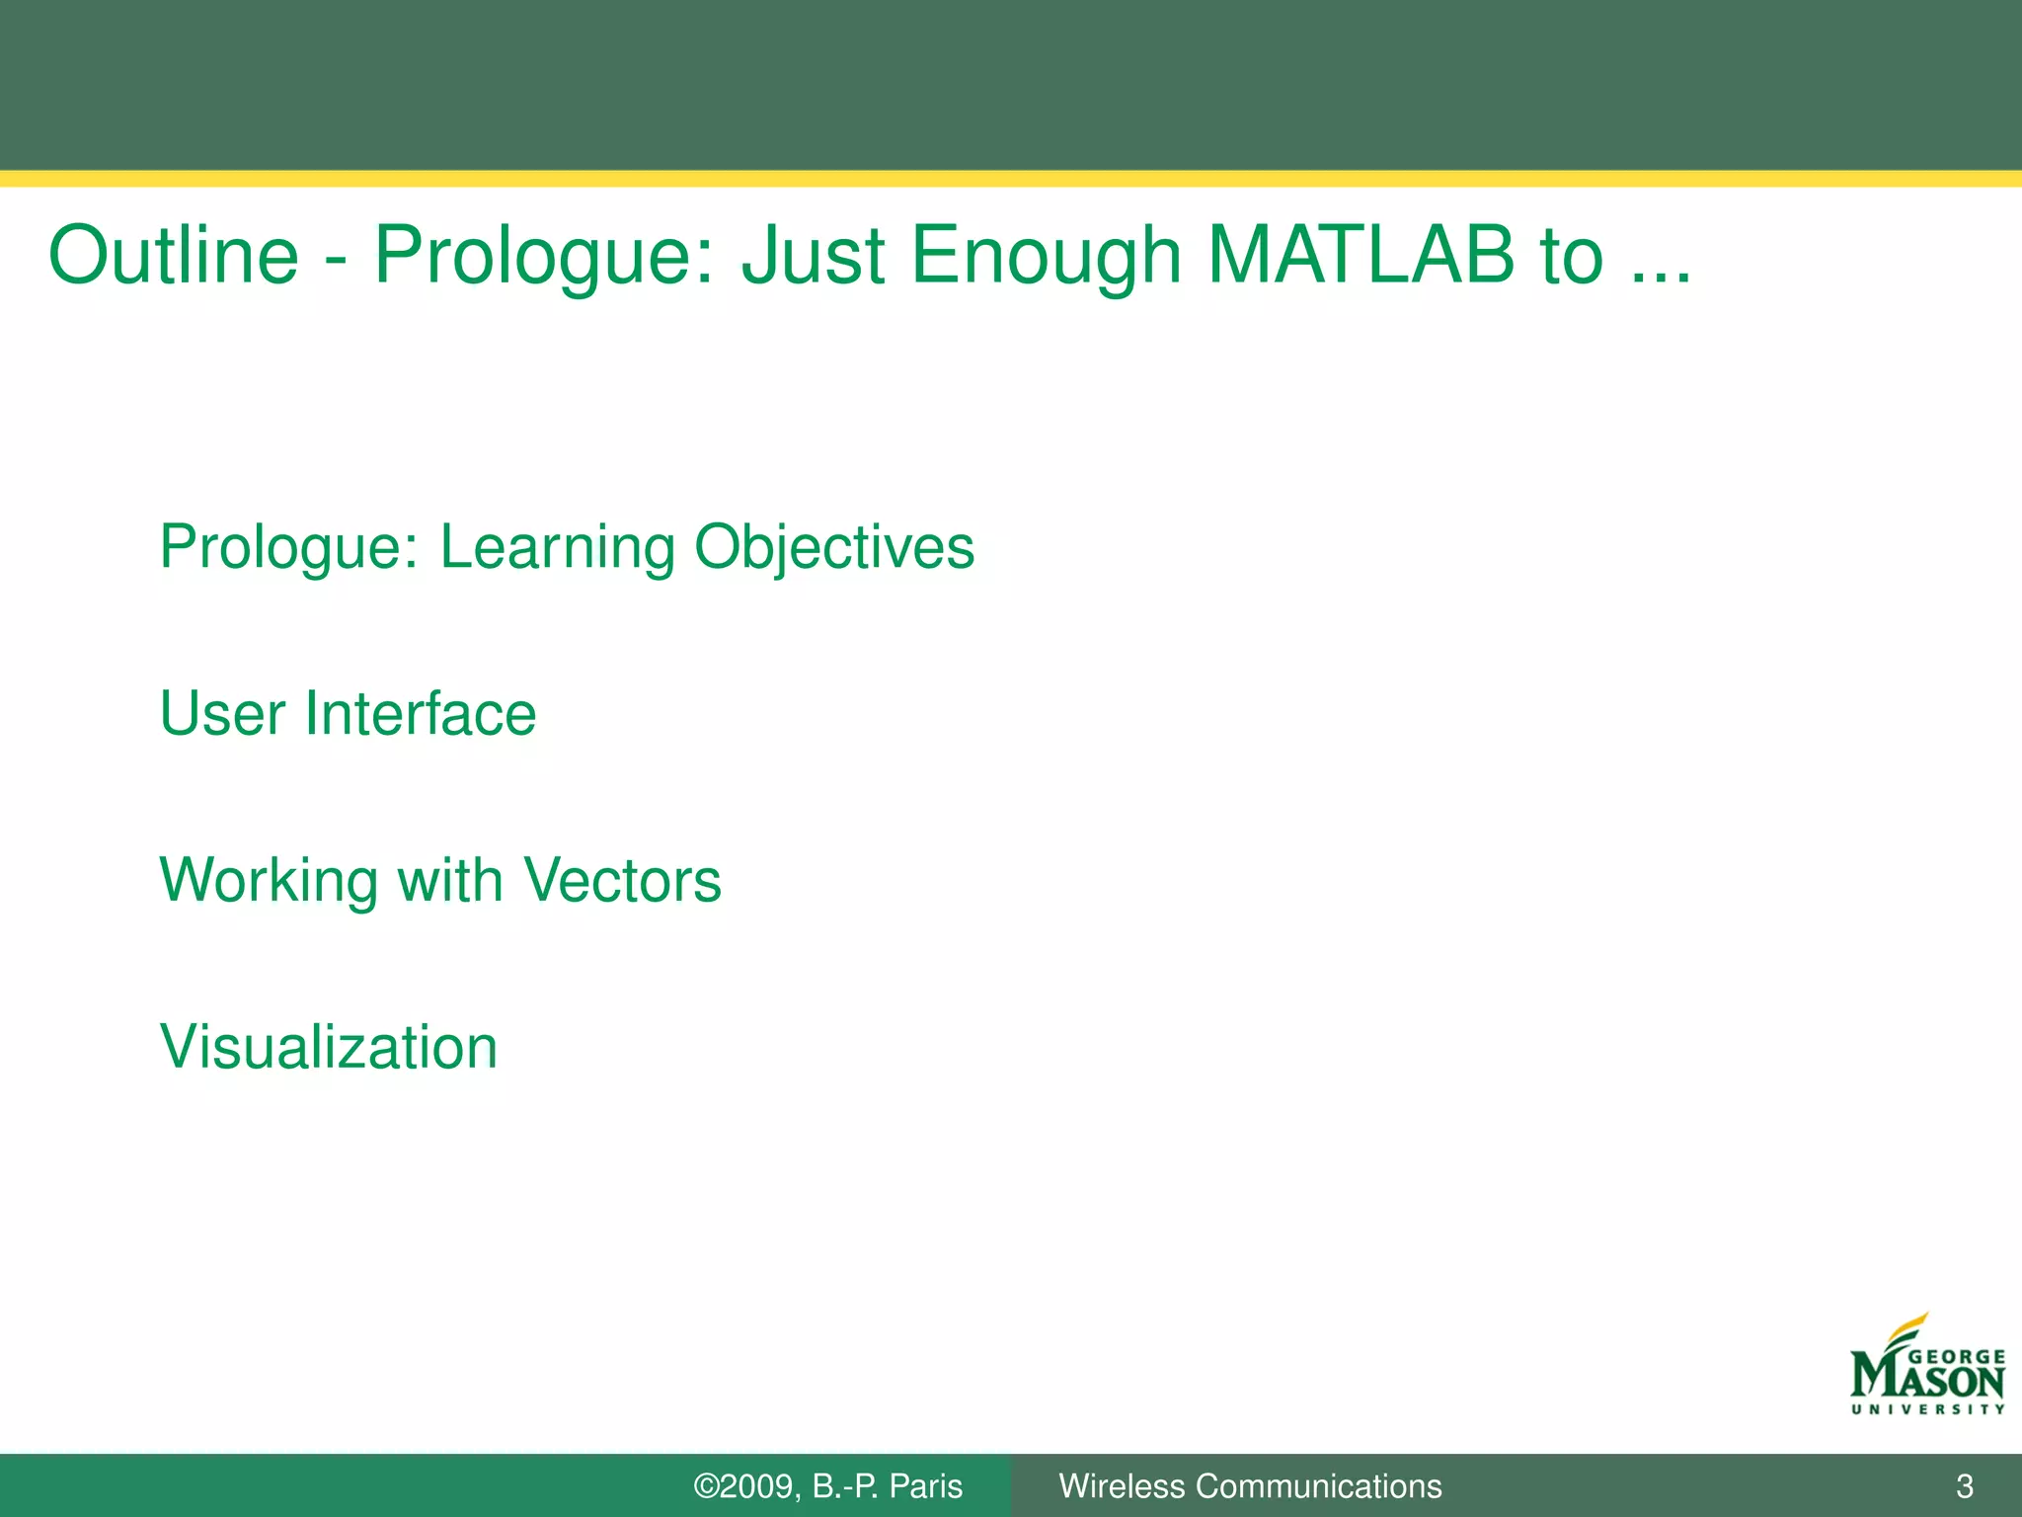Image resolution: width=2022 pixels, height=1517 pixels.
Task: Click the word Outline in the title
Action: [173, 255]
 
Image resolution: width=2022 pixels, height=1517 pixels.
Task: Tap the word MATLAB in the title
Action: [1361, 255]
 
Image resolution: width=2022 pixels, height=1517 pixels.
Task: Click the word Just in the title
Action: [813, 255]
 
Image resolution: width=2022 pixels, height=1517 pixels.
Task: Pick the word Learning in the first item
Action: [557, 548]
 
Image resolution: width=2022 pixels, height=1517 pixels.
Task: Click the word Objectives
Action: [834, 548]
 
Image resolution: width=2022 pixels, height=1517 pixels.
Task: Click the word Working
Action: [269, 881]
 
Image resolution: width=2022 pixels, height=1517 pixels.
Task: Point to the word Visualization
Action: [329, 1047]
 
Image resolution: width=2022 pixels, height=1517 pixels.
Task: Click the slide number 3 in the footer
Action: [1964, 1486]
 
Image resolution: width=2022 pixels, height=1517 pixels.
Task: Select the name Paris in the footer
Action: [925, 1486]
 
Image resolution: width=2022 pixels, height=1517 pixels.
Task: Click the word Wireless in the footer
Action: [1122, 1486]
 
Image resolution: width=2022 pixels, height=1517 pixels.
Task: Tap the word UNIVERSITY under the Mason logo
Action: [1927, 1409]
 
